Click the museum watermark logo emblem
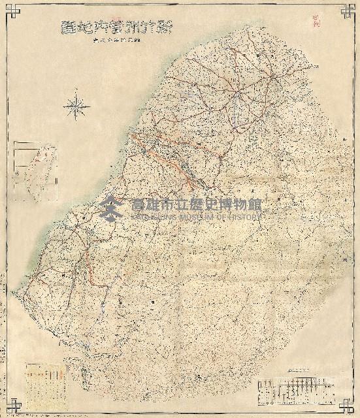tap(112, 207)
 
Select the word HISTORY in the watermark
tap(246, 216)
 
